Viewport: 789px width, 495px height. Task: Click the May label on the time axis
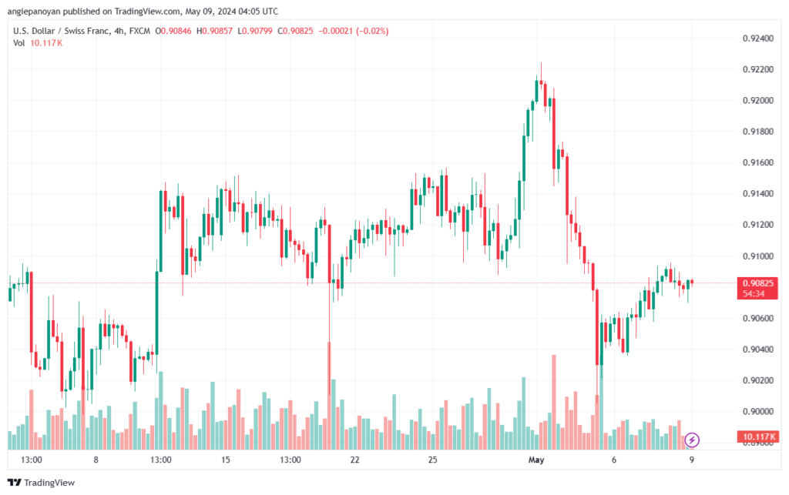[x=536, y=460]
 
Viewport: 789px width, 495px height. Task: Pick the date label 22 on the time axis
[x=355, y=460]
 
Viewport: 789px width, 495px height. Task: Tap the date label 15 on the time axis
[x=226, y=460]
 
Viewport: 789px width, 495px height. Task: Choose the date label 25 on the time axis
[x=433, y=460]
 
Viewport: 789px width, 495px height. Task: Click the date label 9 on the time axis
[x=691, y=460]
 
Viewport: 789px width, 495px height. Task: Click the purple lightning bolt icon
[x=692, y=440]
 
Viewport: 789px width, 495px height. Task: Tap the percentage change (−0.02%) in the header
[x=367, y=31]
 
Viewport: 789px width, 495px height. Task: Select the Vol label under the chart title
[x=19, y=43]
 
